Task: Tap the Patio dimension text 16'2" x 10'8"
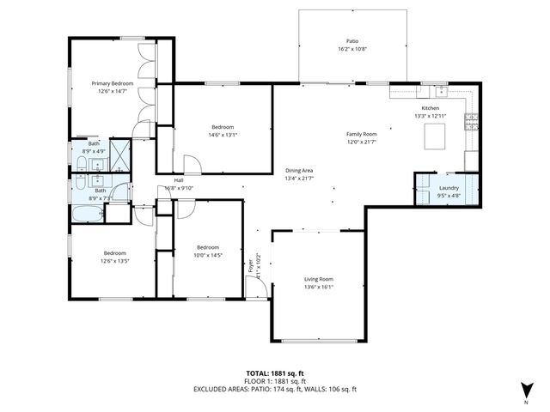351,50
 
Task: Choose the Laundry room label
448,187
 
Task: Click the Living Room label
318,279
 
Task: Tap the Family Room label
361,134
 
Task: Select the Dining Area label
299,170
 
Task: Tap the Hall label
179,180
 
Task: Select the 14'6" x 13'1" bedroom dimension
222,134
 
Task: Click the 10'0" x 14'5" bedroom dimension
207,254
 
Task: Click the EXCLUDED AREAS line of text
275,389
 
